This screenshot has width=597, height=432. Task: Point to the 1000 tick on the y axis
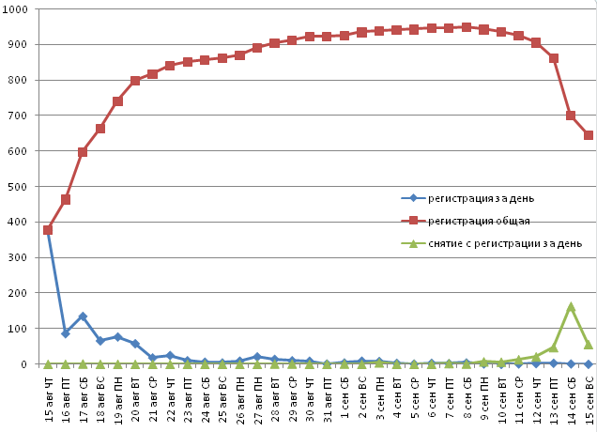(x=19, y=9)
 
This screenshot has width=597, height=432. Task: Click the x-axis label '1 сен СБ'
(x=344, y=395)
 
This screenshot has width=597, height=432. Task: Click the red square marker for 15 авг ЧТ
(x=48, y=230)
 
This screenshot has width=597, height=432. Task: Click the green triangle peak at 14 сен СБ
(x=571, y=307)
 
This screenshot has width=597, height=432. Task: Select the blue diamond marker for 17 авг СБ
(x=83, y=316)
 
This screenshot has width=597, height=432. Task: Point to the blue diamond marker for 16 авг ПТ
(x=66, y=333)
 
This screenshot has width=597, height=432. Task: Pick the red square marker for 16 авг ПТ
(x=66, y=199)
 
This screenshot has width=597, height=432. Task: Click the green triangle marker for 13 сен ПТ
(x=554, y=347)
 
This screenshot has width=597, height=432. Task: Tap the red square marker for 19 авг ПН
(x=117, y=101)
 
